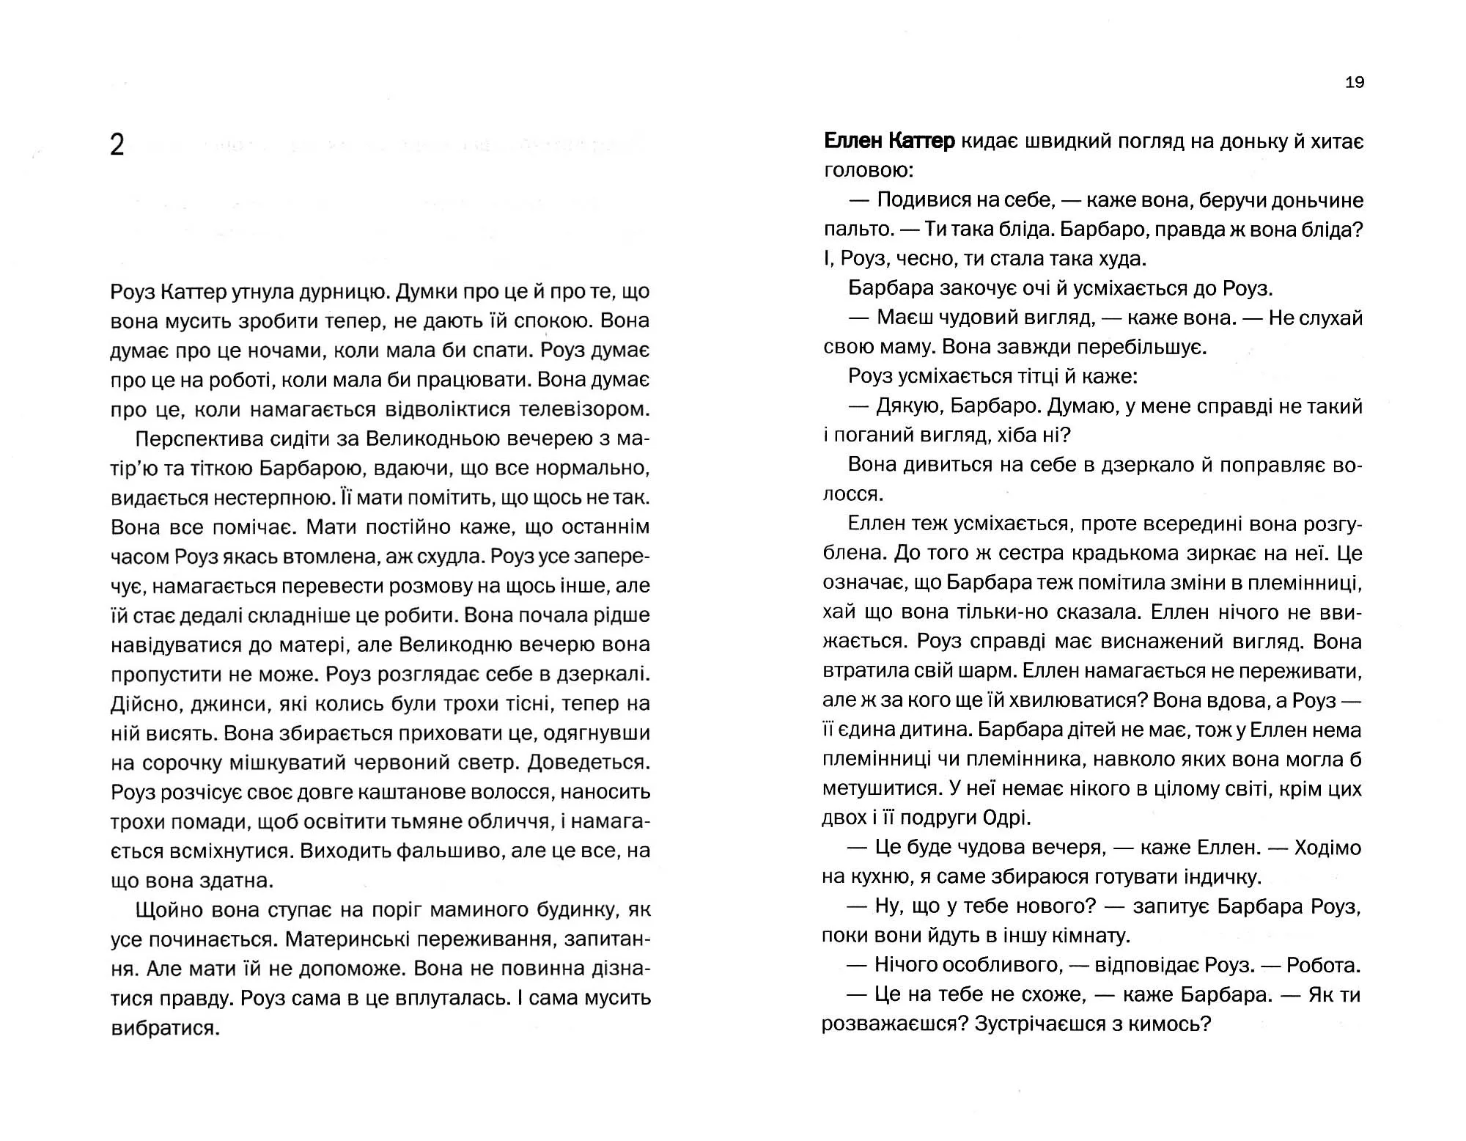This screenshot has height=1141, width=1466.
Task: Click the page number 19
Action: [1355, 82]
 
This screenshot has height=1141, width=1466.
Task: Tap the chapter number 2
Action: [117, 145]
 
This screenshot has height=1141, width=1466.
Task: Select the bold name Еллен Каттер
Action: [889, 141]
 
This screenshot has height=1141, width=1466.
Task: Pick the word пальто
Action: [855, 230]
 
